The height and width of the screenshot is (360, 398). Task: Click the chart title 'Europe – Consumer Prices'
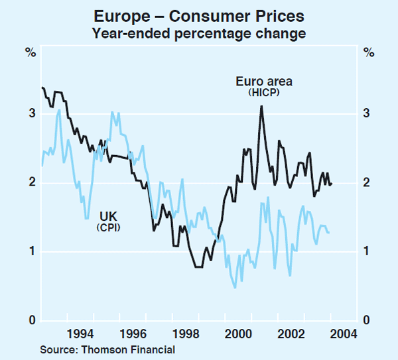click(x=199, y=15)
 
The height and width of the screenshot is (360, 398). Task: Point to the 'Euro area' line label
click(x=264, y=82)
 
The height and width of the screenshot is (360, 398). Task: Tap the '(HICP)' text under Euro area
click(x=265, y=94)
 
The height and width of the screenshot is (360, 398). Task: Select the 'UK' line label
click(x=108, y=215)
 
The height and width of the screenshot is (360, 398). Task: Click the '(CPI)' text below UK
click(x=108, y=227)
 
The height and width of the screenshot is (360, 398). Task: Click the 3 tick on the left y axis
click(x=31, y=114)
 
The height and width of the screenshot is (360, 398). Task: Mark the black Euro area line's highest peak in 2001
click(x=261, y=106)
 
